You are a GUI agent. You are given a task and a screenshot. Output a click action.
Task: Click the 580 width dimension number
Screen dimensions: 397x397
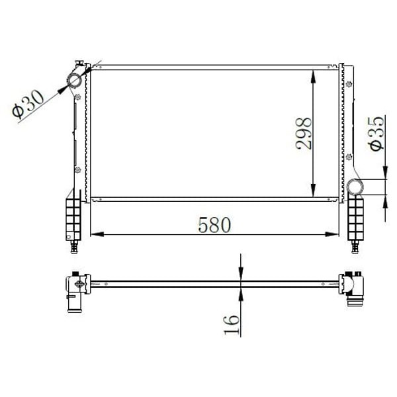214,225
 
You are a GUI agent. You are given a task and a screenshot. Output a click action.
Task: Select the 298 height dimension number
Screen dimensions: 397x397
304,133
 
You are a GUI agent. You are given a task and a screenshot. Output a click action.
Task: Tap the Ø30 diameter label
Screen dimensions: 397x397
28,105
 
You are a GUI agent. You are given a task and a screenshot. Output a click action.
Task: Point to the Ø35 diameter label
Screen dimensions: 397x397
375,133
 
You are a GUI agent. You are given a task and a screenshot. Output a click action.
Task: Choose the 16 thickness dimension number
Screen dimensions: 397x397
231,324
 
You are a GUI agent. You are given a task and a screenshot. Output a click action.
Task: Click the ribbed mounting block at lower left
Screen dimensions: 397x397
72,219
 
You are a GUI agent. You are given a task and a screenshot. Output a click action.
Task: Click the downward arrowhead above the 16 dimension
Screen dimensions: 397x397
241,275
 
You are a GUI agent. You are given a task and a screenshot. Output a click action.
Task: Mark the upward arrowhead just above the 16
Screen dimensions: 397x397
241,292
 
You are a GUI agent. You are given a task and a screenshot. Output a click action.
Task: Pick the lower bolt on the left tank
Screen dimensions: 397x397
78,169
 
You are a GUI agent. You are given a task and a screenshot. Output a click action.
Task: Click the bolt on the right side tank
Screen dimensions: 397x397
349,157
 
